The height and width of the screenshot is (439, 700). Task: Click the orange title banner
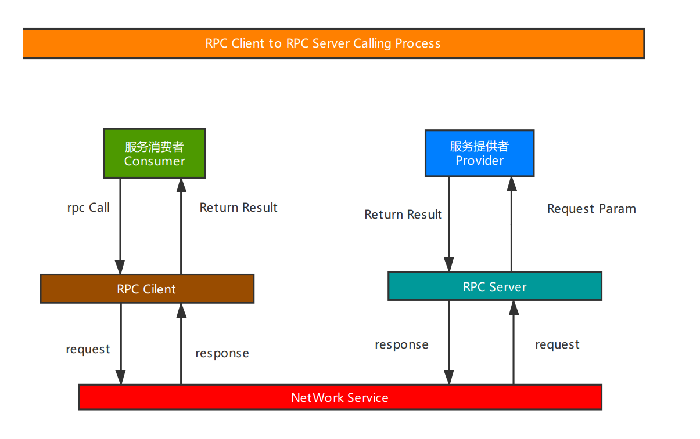(x=334, y=43)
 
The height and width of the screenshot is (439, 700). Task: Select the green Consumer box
(x=155, y=153)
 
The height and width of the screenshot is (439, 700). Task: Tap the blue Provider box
(x=479, y=153)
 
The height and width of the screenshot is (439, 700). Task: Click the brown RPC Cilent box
(x=147, y=289)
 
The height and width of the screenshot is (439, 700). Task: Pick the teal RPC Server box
(x=495, y=286)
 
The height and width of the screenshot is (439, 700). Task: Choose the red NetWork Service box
(x=340, y=397)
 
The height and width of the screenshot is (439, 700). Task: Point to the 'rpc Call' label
(x=88, y=208)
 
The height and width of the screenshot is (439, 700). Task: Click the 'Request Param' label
(x=591, y=209)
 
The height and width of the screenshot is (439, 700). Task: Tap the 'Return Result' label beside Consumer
(x=238, y=208)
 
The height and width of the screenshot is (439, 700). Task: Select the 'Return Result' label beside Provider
(x=403, y=215)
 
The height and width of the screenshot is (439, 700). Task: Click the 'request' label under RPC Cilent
(x=88, y=349)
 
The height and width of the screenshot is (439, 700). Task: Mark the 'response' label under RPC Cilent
(x=222, y=354)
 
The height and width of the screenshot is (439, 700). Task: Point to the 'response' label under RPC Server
(x=401, y=345)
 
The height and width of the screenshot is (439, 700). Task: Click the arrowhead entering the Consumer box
(x=181, y=185)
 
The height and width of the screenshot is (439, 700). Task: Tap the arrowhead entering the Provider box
(x=512, y=183)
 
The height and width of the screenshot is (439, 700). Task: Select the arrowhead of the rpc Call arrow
(x=120, y=267)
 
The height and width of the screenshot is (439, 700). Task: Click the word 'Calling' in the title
(x=372, y=43)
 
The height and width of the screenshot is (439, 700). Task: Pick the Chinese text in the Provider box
(x=479, y=146)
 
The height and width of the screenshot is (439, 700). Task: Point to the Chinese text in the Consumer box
(x=155, y=147)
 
